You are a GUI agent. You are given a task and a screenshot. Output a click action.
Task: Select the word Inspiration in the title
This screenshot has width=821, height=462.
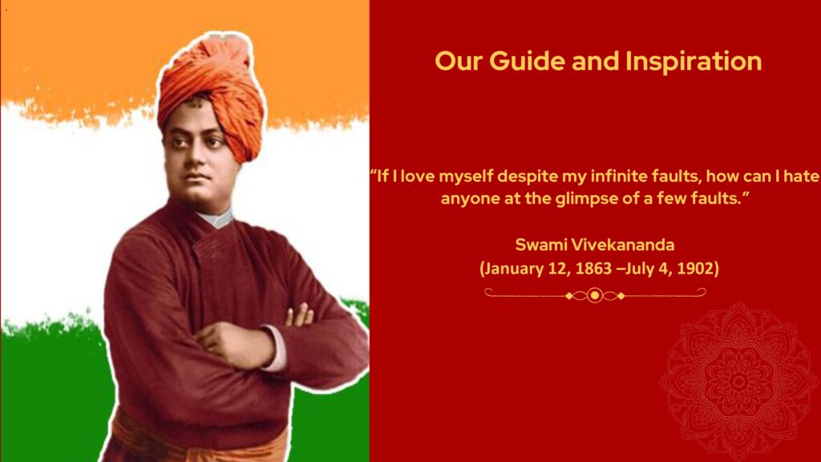[694, 62]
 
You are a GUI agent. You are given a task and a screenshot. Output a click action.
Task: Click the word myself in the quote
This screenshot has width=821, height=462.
[465, 176]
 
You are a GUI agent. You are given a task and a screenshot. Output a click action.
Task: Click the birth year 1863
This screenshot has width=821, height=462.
[593, 269]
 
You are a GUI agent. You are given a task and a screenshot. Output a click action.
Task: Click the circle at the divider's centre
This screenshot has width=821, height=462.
[594, 295]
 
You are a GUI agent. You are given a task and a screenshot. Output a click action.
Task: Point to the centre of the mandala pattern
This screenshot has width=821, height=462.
[738, 381]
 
